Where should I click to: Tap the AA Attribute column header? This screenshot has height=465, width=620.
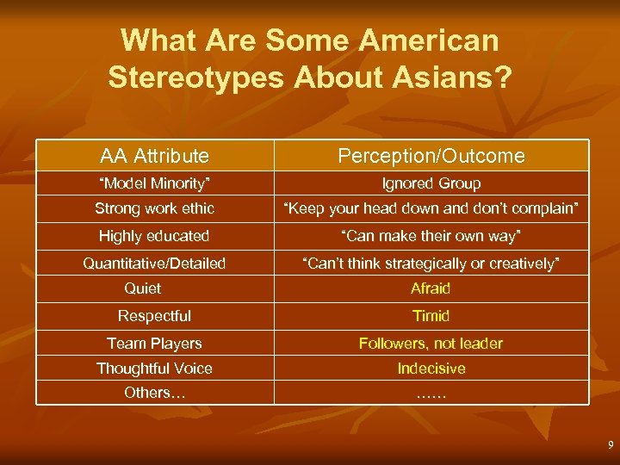pos(154,156)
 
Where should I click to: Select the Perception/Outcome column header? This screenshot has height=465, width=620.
pos(431,156)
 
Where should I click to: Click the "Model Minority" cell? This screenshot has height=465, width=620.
pos(154,183)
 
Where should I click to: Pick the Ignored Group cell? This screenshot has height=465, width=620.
pos(431,183)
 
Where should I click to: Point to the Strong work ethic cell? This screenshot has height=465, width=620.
pos(154,208)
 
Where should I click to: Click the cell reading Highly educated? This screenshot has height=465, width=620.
pos(154,236)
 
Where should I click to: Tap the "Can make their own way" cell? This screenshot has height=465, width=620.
pos(431,236)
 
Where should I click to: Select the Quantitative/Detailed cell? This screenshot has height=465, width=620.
pos(154,263)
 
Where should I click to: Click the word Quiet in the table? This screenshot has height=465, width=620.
pos(142,288)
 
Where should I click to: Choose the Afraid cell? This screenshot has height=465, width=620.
pos(431,288)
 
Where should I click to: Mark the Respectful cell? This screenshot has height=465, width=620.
pos(154,316)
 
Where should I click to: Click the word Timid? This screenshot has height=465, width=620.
pos(431,316)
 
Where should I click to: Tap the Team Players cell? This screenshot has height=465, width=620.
pos(154,344)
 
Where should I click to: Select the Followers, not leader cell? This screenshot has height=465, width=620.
pos(431,344)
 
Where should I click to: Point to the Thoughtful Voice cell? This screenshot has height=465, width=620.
pos(154,369)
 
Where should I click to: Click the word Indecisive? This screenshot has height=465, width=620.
pos(431,369)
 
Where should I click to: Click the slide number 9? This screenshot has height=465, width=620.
pos(610,445)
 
